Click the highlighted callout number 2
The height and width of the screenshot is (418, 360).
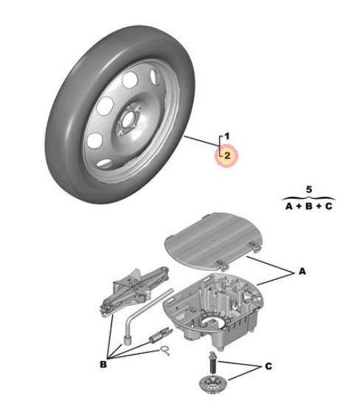(227, 156)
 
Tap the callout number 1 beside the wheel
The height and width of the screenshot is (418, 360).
(226, 136)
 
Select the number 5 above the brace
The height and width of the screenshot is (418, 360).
(308, 190)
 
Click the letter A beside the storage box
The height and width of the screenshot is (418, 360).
(302, 271)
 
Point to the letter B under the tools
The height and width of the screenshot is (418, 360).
(103, 364)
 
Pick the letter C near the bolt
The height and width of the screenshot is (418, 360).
(269, 366)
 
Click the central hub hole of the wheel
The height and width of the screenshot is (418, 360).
(128, 120)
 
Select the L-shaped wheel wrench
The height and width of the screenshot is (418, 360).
(148, 318)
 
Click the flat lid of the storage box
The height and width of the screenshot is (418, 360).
(213, 241)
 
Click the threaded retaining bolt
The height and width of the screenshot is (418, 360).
(212, 363)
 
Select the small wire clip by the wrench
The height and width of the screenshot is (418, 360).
(165, 351)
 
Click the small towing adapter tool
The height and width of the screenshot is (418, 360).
(161, 335)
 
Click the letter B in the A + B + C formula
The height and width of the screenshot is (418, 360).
(308, 206)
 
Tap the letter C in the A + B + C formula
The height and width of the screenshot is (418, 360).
(329, 206)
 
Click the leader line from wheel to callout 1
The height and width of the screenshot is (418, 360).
(202, 141)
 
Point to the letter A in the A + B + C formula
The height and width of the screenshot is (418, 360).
(289, 206)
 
